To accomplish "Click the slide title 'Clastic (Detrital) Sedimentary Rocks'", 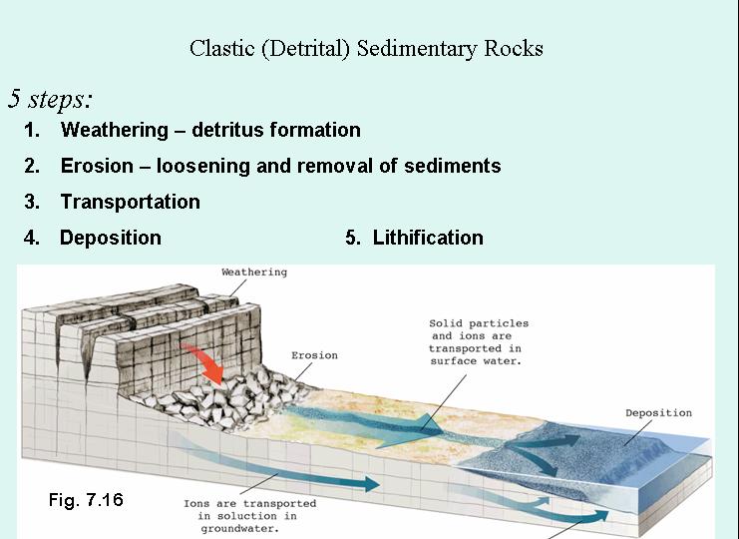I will [366, 48].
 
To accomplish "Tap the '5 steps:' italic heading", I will [51, 99].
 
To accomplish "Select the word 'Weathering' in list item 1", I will [115, 130].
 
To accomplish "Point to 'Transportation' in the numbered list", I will [130, 202].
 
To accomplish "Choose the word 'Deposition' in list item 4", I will [110, 238].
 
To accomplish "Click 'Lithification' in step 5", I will [428, 238].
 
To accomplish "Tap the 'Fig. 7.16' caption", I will [86, 499].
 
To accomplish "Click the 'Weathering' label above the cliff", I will [253, 271].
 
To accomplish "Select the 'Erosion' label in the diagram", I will [314, 355].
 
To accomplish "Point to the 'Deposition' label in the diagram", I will [658, 413].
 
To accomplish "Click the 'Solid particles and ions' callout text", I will [479, 342].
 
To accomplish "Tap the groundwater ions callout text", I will [249, 516].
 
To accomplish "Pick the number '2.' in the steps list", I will [33, 166].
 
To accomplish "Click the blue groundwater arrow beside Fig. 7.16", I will [299, 479].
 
